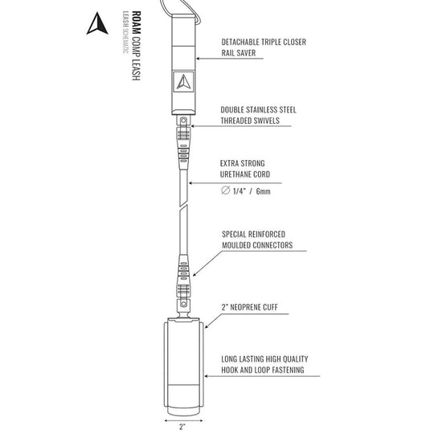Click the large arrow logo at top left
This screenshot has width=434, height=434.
[97, 23]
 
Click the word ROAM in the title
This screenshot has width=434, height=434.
[136, 23]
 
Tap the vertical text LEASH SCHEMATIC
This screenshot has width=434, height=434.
[125, 32]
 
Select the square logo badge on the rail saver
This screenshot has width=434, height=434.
[184, 82]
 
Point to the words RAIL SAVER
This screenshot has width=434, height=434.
[239, 53]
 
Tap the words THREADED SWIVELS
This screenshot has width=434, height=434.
[250, 121]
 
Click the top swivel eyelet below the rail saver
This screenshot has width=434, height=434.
[183, 121]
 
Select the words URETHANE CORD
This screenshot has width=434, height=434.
[245, 174]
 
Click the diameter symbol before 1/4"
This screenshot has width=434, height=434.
[226, 190]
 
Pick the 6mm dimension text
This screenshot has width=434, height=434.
[264, 191]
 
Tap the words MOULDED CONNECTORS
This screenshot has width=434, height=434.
[257, 245]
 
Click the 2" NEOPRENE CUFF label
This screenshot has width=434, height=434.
[249, 307]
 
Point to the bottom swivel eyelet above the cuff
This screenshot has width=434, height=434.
[183, 304]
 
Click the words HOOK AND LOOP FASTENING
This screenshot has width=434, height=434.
[263, 370]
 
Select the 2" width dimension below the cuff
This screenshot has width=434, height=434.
[182, 427]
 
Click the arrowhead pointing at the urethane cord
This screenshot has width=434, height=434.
[190, 183]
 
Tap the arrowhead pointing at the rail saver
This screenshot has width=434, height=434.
[199, 59]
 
